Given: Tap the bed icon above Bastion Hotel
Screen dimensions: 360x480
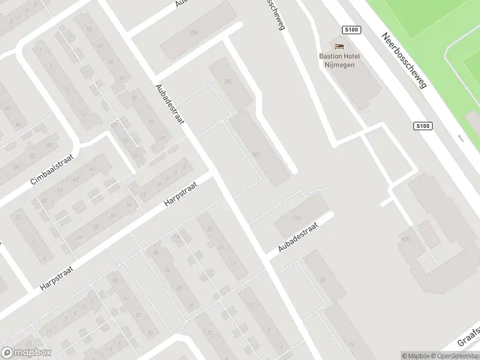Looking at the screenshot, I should pyautogui.click(x=340, y=46).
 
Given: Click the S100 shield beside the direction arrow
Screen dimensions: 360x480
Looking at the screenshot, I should pyautogui.click(x=422, y=126).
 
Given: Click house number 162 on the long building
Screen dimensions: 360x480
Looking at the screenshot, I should pyautogui.click(x=257, y=155).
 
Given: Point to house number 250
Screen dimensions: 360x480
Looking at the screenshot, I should pyautogui.click(x=227, y=81).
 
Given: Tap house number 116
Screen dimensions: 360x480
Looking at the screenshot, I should pyautogui.click(x=296, y=217).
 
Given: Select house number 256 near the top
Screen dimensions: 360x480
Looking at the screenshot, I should pyautogui.click(x=194, y=32).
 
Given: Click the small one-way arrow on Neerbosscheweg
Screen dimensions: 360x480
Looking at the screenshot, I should pyautogui.click(x=460, y=138).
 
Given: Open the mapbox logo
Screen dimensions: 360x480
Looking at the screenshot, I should pyautogui.click(x=26, y=353).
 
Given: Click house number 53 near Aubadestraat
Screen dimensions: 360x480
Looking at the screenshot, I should pyautogui.click(x=89, y=29).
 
